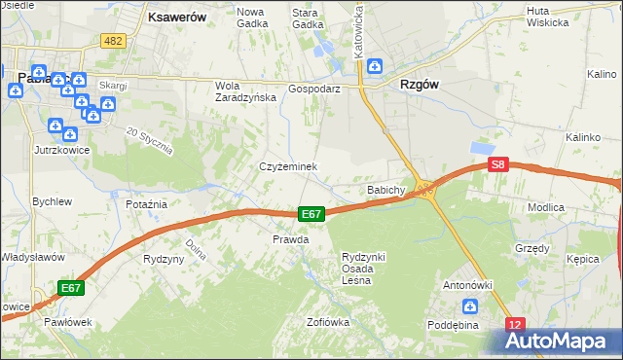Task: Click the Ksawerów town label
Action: pyautogui.click(x=175, y=17)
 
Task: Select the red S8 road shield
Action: pyautogui.click(x=498, y=165)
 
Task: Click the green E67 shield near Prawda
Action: pyautogui.click(x=311, y=214)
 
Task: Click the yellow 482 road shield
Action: pyautogui.click(x=113, y=40)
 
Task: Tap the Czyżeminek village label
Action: pyautogui.click(x=288, y=167)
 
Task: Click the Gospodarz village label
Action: pyautogui.click(x=313, y=88)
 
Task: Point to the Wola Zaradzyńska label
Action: pyautogui.click(x=240, y=90)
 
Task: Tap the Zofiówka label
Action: pyautogui.click(x=328, y=322)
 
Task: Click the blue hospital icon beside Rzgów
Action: pyautogui.click(x=375, y=67)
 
